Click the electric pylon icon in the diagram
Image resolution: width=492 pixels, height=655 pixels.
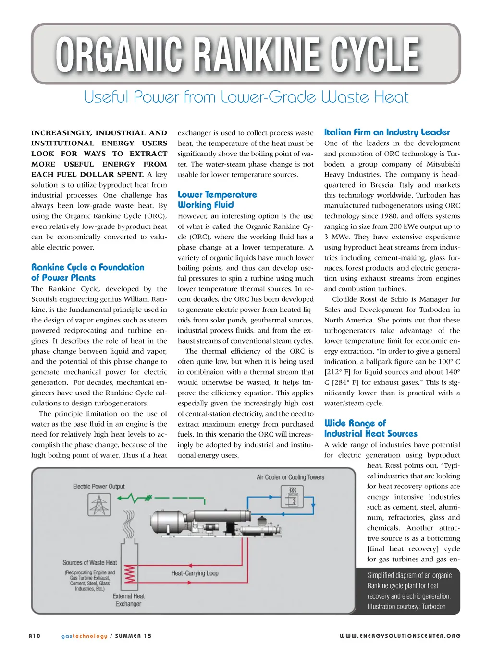(99, 505)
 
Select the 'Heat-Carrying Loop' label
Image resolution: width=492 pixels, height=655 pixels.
(195, 573)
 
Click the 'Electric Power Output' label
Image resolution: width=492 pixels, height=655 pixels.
(98, 486)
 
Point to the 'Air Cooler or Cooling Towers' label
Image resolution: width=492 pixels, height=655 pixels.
(290, 477)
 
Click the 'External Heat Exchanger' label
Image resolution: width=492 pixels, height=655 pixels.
(128, 600)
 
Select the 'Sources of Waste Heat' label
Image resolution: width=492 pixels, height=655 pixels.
(90, 562)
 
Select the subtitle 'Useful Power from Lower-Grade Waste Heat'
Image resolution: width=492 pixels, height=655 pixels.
(246, 97)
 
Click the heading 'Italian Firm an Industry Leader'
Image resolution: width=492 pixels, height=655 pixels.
(387, 132)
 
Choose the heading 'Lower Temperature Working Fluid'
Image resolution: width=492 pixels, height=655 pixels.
(217, 200)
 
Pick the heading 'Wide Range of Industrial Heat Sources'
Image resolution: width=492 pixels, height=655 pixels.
(370, 428)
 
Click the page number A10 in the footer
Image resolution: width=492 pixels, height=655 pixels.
(35, 636)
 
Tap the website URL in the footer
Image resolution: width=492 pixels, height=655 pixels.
(400, 636)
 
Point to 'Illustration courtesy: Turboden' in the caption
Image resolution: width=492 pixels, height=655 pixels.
(406, 607)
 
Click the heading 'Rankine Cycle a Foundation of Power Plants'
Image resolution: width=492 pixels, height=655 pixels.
(87, 272)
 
